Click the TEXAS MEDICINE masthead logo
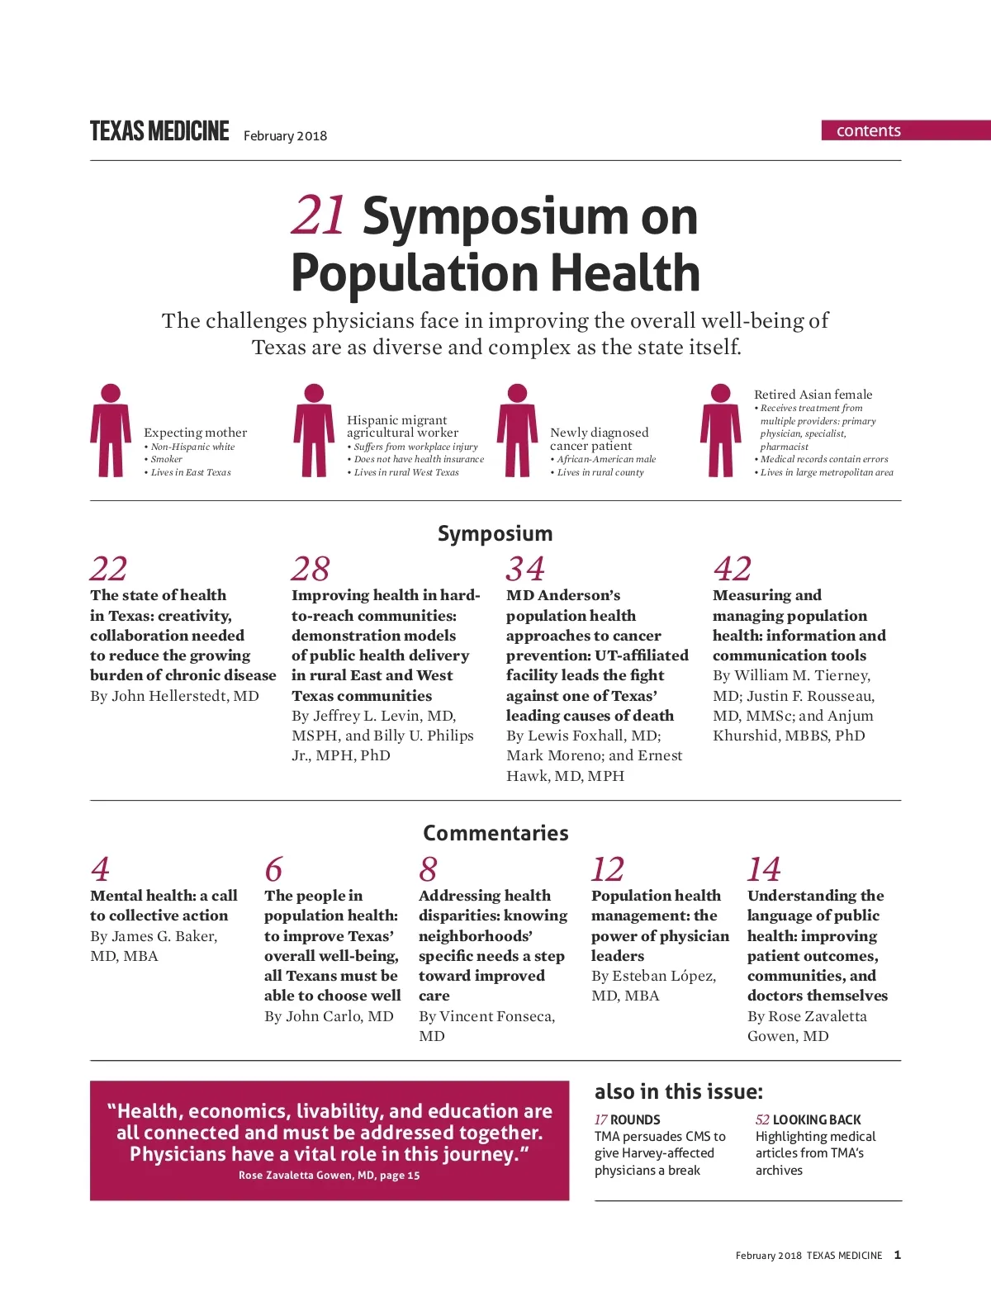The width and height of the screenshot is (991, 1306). (x=159, y=132)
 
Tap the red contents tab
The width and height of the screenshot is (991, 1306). (x=869, y=130)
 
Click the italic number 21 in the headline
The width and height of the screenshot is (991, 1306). (x=318, y=216)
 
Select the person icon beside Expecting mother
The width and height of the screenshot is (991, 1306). (x=111, y=430)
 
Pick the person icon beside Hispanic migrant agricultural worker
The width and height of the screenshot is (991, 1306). (x=314, y=430)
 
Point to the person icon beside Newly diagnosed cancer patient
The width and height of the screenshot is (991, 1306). (x=517, y=430)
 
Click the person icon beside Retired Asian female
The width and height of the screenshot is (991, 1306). (x=720, y=430)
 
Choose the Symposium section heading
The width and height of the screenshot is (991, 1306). (x=495, y=533)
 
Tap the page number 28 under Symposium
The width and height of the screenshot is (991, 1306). (x=310, y=569)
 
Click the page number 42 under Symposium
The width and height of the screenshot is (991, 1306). (x=732, y=569)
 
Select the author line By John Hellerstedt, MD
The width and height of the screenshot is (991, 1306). (x=174, y=696)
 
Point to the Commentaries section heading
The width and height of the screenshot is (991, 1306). (x=495, y=833)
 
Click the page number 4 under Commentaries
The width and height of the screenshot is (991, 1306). (x=100, y=869)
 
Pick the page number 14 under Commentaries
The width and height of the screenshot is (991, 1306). (x=763, y=869)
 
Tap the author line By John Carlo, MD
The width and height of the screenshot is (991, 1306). (x=329, y=1016)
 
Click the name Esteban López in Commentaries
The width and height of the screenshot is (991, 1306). (x=663, y=976)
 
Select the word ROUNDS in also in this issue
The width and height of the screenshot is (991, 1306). (x=635, y=1120)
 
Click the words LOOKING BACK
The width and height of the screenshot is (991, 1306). (x=817, y=1120)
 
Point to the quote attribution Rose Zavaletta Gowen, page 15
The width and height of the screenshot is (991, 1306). (x=329, y=1176)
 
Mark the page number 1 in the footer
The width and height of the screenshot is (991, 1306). (x=898, y=1255)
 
